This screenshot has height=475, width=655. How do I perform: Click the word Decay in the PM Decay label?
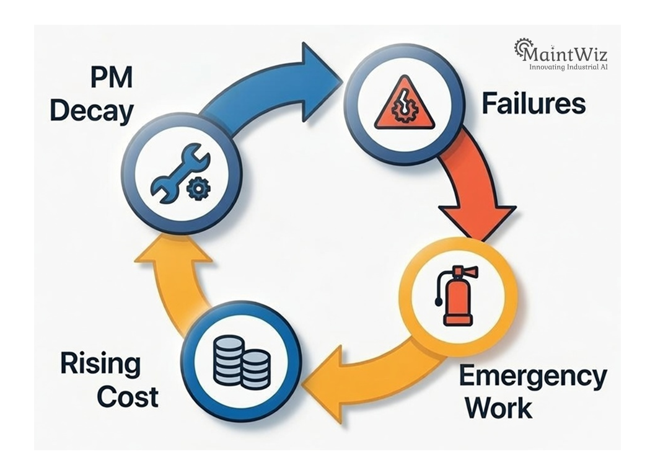pyautogui.click(x=92, y=112)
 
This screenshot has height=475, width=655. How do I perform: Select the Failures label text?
pyautogui.click(x=534, y=104)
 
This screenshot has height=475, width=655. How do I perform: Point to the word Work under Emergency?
pyautogui.click(x=499, y=408)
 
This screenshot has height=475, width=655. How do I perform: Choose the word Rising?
pyautogui.click(x=100, y=364)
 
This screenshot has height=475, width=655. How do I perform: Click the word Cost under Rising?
pyautogui.click(x=128, y=396)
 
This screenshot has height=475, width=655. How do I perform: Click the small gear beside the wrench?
pyautogui.click(x=198, y=188)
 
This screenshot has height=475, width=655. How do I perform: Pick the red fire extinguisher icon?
pyautogui.click(x=458, y=296)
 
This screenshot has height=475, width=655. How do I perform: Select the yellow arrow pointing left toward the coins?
pyautogui.click(x=359, y=378)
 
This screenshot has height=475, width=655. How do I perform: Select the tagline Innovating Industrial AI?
pyautogui.click(x=568, y=66)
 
